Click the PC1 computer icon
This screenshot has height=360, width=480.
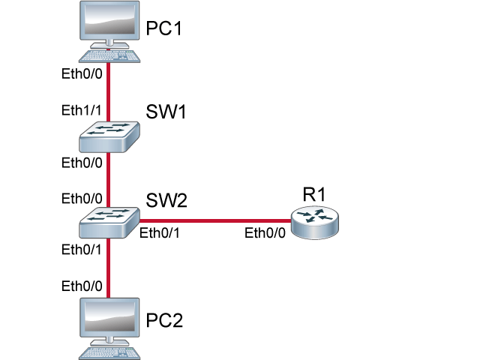pyautogui.click(x=109, y=30)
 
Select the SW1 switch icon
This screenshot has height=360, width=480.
pyautogui.click(x=109, y=134)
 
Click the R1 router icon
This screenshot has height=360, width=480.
pyautogui.click(x=314, y=221)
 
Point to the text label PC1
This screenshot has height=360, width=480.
pyautogui.click(x=164, y=29)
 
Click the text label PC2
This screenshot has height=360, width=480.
pyautogui.click(x=164, y=321)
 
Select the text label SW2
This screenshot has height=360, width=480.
pyautogui.click(x=166, y=200)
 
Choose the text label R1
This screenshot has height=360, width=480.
pyautogui.click(x=314, y=193)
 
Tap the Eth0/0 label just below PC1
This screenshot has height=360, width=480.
pyautogui.click(x=81, y=75)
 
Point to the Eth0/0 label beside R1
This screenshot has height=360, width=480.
pyautogui.click(x=265, y=233)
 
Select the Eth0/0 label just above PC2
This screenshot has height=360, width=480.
pyautogui.click(x=81, y=285)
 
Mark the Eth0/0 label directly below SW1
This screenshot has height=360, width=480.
pyautogui.click(x=81, y=162)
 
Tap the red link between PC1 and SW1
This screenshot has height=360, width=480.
pyautogui.click(x=109, y=90)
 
